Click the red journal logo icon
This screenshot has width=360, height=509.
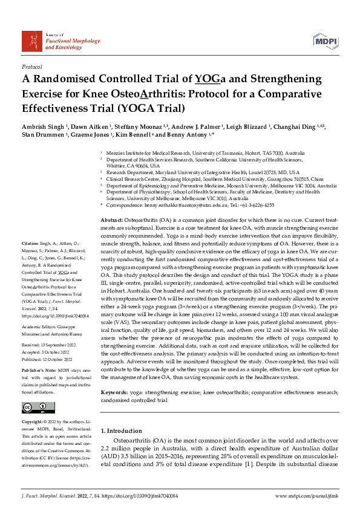(31, 41)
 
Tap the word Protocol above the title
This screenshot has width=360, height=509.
(31, 66)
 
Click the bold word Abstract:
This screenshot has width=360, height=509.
(112, 220)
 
